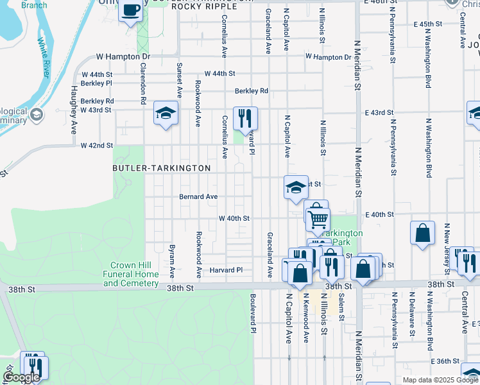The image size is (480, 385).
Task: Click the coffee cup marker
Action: (131, 11)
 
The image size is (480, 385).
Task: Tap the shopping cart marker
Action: (318, 219)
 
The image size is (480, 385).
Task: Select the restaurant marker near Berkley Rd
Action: (245, 118)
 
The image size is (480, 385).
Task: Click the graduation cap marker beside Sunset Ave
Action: (166, 114)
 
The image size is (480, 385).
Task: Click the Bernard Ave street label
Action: (198, 197)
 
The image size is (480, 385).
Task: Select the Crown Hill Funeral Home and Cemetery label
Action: (134, 274)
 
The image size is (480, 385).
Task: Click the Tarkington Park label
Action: (343, 237)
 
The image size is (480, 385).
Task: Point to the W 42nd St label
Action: (97, 146)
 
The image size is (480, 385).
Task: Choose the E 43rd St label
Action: (379, 113)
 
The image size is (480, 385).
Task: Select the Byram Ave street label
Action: (172, 260)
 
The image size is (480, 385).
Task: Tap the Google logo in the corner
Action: (21, 377)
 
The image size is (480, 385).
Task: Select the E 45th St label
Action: (430, 24)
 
